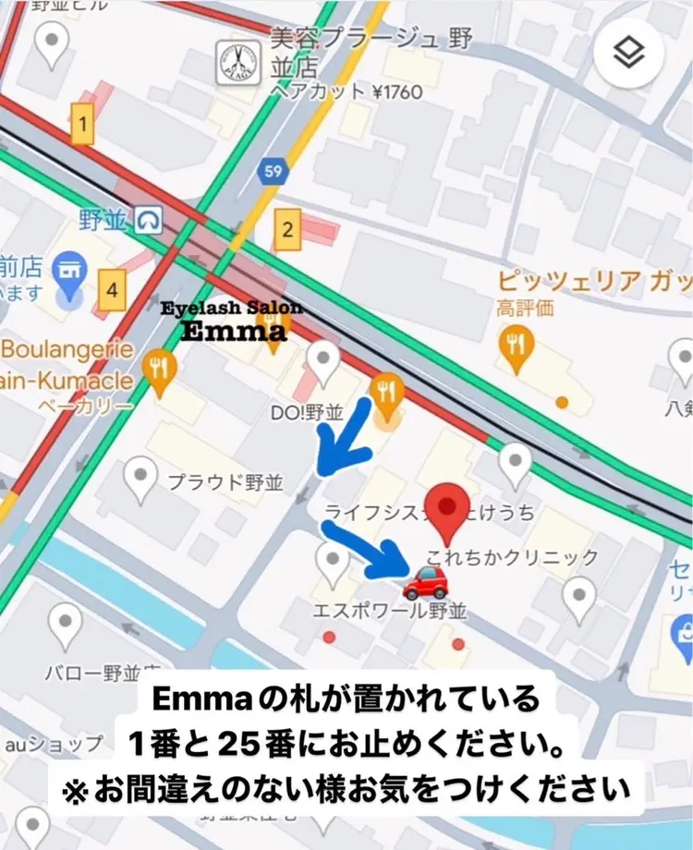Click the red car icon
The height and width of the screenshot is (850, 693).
tap(426, 582)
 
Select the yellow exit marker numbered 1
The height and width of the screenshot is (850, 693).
tap(83, 123)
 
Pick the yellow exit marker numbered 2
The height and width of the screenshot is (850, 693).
tap(288, 229)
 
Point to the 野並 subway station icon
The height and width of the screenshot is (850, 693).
tap(148, 219)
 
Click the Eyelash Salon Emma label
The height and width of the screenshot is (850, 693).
tap(231, 321)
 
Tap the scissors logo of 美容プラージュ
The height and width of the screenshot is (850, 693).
tap(238, 63)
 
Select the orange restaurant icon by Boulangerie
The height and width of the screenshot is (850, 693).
tap(162, 370)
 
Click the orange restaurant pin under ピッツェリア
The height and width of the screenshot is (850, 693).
tap(515, 346)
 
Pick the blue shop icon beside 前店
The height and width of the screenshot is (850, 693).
tap(67, 270)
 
